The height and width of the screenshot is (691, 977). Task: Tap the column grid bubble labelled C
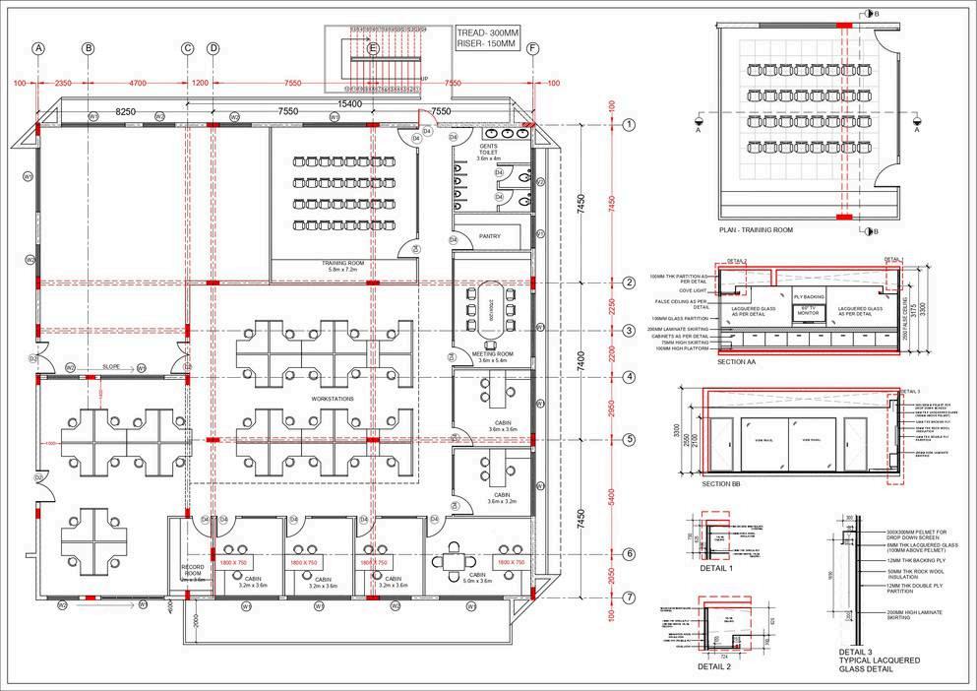pos(187,48)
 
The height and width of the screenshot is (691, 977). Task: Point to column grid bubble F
pos(533,48)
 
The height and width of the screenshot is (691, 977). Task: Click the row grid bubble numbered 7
pos(629,597)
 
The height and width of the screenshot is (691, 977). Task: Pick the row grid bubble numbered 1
pos(629,125)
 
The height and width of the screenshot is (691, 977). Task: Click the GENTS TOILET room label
pos(489,152)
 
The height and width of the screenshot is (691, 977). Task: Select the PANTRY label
pos(489,236)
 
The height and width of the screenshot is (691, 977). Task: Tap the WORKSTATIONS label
pos(331,398)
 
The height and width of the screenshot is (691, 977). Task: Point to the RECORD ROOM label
pos(192,573)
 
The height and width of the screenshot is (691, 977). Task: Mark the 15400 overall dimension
pos(350,103)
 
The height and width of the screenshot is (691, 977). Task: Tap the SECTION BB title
pos(721,484)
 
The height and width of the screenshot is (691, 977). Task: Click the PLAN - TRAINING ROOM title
pos(757,230)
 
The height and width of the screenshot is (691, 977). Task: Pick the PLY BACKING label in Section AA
pos(808,296)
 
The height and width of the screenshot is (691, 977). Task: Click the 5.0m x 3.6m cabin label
pos(478,580)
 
